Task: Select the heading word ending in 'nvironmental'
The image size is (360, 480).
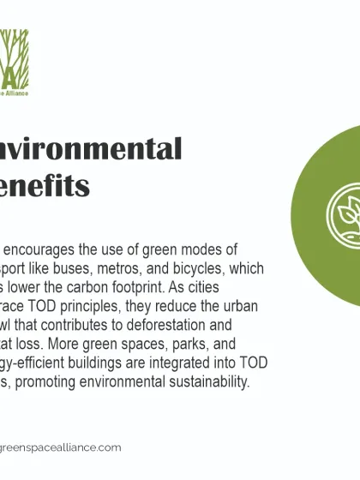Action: pos(90,148)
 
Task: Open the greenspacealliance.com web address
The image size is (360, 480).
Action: pos(61,447)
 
